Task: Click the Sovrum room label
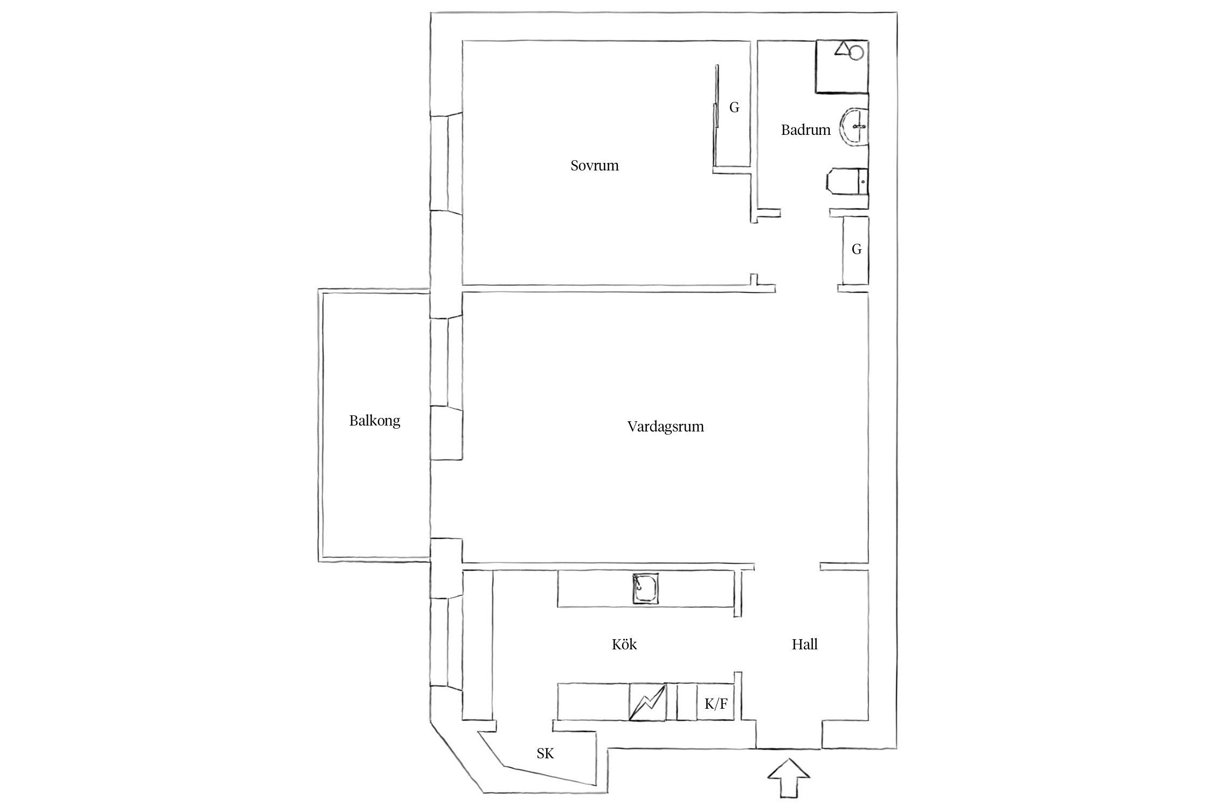coord(594,166)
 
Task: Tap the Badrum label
coord(805,130)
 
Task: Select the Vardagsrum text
coord(665,427)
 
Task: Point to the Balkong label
coord(375,421)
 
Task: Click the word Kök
coord(624,645)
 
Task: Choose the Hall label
coord(804,645)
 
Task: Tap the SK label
coord(545,754)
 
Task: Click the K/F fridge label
coord(716,704)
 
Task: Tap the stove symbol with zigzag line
coord(647,702)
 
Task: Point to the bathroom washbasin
coord(855,128)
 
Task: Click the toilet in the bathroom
coord(846,181)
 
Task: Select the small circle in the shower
coord(856,52)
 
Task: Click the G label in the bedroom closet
coord(734,108)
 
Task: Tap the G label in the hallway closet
coord(856,249)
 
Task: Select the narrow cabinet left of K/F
coord(686,702)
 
